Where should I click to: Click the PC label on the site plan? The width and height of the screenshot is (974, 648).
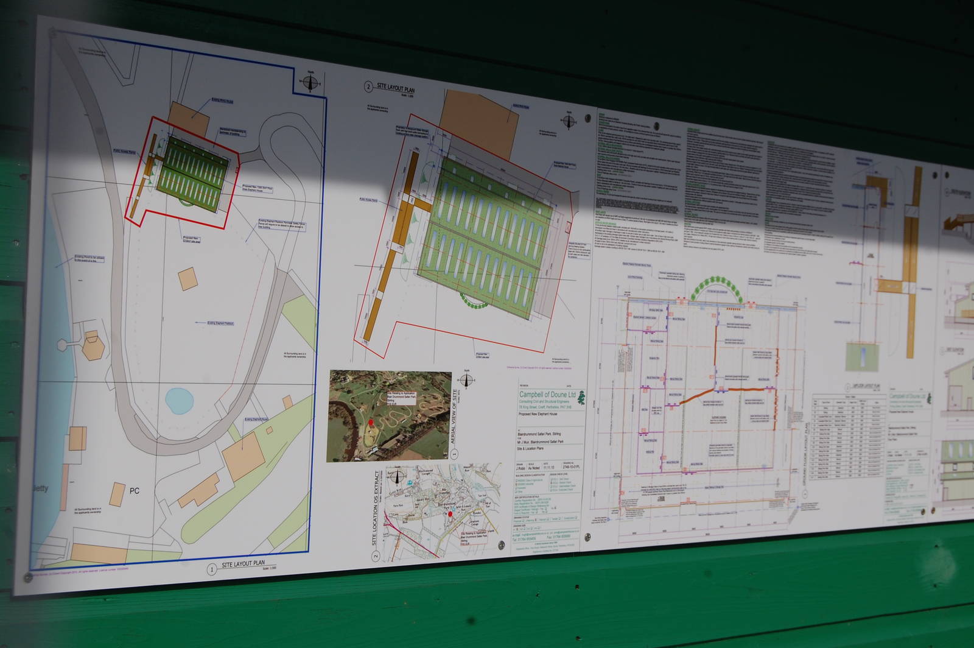pyautogui.click(x=135, y=490)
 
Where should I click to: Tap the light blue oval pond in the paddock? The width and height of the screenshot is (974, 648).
pyautogui.click(x=180, y=400)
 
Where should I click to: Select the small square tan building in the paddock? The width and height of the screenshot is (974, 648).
pyautogui.click(x=187, y=279)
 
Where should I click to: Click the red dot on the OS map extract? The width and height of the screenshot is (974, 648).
pyautogui.click(x=450, y=515)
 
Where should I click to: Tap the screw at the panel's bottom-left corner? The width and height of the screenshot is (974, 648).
pyautogui.click(x=28, y=576)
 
